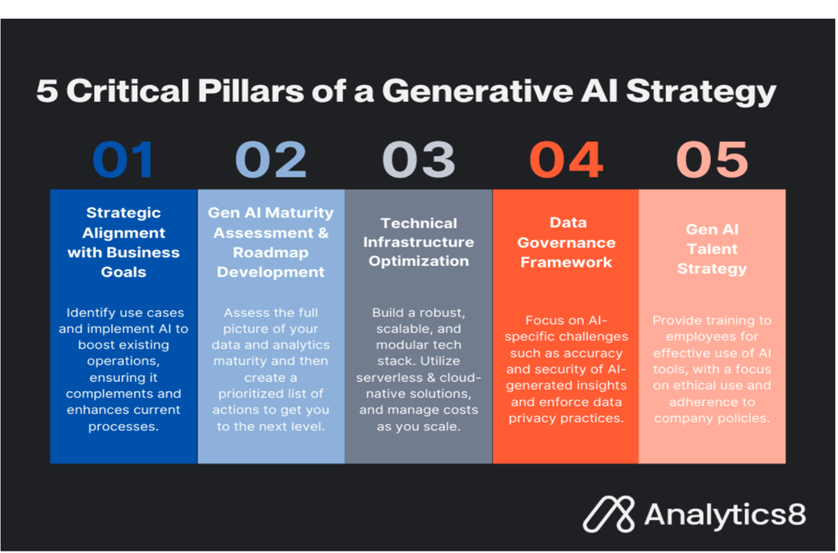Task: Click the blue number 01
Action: (x=123, y=159)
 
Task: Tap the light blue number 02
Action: (x=271, y=159)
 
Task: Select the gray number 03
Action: (x=418, y=159)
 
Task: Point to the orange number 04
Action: (x=566, y=159)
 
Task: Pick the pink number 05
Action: (x=712, y=159)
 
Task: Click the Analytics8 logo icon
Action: (x=609, y=514)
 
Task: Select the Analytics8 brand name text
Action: (x=725, y=514)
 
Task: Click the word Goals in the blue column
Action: (x=123, y=272)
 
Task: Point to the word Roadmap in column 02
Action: (x=271, y=253)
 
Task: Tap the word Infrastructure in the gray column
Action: (x=418, y=242)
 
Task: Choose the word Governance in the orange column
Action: (x=567, y=243)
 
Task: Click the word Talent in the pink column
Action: (x=712, y=249)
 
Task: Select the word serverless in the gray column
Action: (x=389, y=378)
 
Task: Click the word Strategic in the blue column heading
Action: (x=123, y=213)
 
